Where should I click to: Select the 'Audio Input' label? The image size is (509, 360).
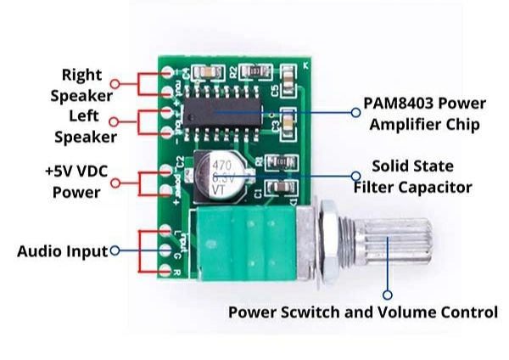coord(62,251)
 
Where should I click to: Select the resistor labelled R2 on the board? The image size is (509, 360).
coord(249,73)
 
